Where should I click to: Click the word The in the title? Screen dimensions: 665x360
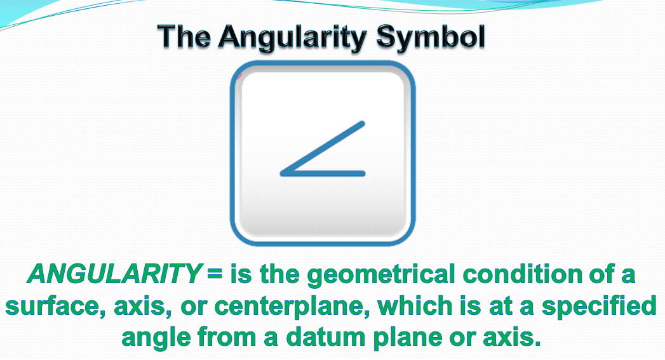coord(184,36)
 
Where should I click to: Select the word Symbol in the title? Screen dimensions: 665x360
coord(431,38)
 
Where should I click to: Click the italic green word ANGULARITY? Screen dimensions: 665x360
coord(114,274)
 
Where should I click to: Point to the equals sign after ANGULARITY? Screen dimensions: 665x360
coord(215,274)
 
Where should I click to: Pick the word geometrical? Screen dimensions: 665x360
coord(380,275)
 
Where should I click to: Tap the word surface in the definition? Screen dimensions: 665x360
coord(55,307)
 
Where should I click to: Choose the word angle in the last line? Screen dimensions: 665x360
coord(156,338)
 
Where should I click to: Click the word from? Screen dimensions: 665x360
coord(227,337)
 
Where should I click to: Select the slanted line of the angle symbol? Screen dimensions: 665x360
coord(322,148)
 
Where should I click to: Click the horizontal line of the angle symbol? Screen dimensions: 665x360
coord(323,173)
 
